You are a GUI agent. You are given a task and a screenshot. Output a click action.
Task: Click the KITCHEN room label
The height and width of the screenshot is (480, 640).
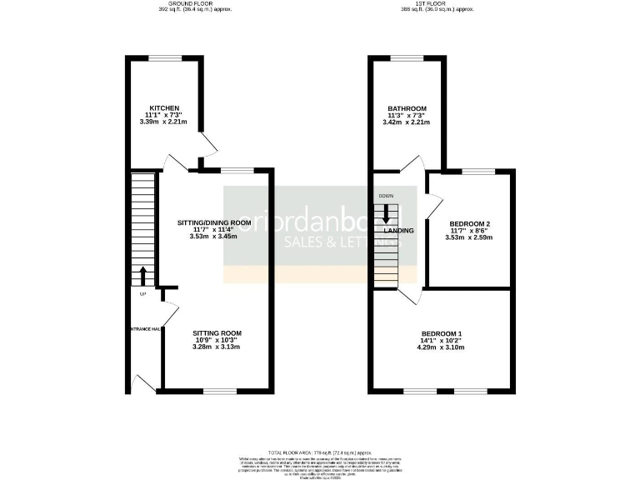pyautogui.click(x=164, y=109)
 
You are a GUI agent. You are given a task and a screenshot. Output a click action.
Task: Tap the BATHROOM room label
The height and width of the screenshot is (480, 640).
pyautogui.click(x=407, y=109)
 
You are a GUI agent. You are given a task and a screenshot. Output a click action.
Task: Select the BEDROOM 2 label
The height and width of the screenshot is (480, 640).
pyautogui.click(x=469, y=224)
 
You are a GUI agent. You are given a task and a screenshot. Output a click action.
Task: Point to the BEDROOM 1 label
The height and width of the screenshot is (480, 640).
pyautogui.click(x=442, y=334)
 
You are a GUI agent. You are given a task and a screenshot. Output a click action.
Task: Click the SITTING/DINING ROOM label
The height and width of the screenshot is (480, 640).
pyautogui.click(x=214, y=223)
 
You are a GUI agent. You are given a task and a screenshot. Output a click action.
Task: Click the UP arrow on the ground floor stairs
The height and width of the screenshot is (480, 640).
pyautogui.click(x=142, y=276)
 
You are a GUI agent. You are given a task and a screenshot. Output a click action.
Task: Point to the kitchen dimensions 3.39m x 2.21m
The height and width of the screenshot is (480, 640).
pyautogui.click(x=164, y=122)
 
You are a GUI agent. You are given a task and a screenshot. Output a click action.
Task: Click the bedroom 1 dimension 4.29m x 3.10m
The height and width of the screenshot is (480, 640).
pyautogui.click(x=442, y=347)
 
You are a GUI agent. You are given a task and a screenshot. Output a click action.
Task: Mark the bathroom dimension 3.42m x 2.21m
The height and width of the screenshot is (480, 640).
pyautogui.click(x=407, y=122)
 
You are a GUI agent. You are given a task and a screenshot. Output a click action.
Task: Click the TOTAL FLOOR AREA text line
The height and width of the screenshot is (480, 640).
pyautogui.click(x=320, y=449)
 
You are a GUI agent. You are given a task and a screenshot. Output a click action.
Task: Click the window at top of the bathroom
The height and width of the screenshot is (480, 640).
pyautogui.click(x=407, y=57)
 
